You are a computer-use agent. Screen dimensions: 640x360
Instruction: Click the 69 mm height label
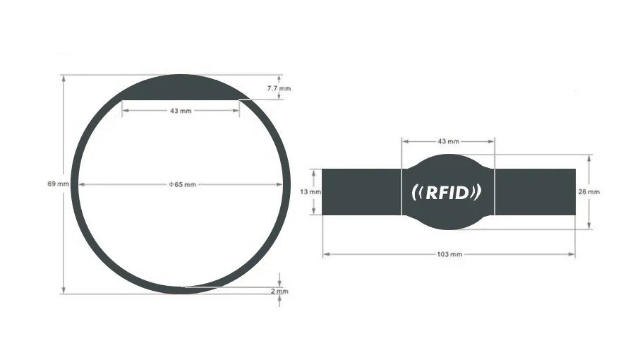click(x=58, y=184)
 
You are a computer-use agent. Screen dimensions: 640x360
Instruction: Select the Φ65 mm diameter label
click(x=183, y=184)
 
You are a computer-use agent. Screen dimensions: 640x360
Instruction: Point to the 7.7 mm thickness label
click(x=279, y=88)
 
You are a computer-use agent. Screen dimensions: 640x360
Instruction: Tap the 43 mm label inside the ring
click(x=181, y=111)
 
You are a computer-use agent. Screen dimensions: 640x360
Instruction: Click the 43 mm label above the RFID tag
click(x=448, y=141)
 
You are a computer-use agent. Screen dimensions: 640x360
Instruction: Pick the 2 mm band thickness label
click(x=279, y=291)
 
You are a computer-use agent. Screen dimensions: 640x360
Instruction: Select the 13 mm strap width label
click(x=310, y=191)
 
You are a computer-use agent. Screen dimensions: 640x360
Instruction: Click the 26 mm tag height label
click(x=589, y=191)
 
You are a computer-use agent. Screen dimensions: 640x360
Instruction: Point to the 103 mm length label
click(x=449, y=254)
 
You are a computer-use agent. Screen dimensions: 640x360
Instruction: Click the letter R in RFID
click(x=433, y=193)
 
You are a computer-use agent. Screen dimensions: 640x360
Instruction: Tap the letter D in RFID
click(x=463, y=193)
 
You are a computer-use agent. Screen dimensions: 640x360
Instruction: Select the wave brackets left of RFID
click(x=417, y=193)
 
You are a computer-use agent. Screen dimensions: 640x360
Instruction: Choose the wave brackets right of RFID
click(x=476, y=193)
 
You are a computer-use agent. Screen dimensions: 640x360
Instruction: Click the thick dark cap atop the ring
click(x=180, y=88)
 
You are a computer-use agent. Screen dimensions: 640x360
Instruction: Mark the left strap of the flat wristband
click(x=362, y=192)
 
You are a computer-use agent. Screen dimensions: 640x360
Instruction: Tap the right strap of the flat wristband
click(x=535, y=192)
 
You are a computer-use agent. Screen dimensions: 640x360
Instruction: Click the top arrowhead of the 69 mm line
click(x=64, y=78)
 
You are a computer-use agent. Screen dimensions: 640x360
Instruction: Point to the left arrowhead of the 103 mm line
click(x=327, y=254)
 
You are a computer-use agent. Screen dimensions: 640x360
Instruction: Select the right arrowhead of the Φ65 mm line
click(x=279, y=184)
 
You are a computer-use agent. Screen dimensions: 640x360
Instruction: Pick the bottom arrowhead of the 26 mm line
click(x=589, y=225)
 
